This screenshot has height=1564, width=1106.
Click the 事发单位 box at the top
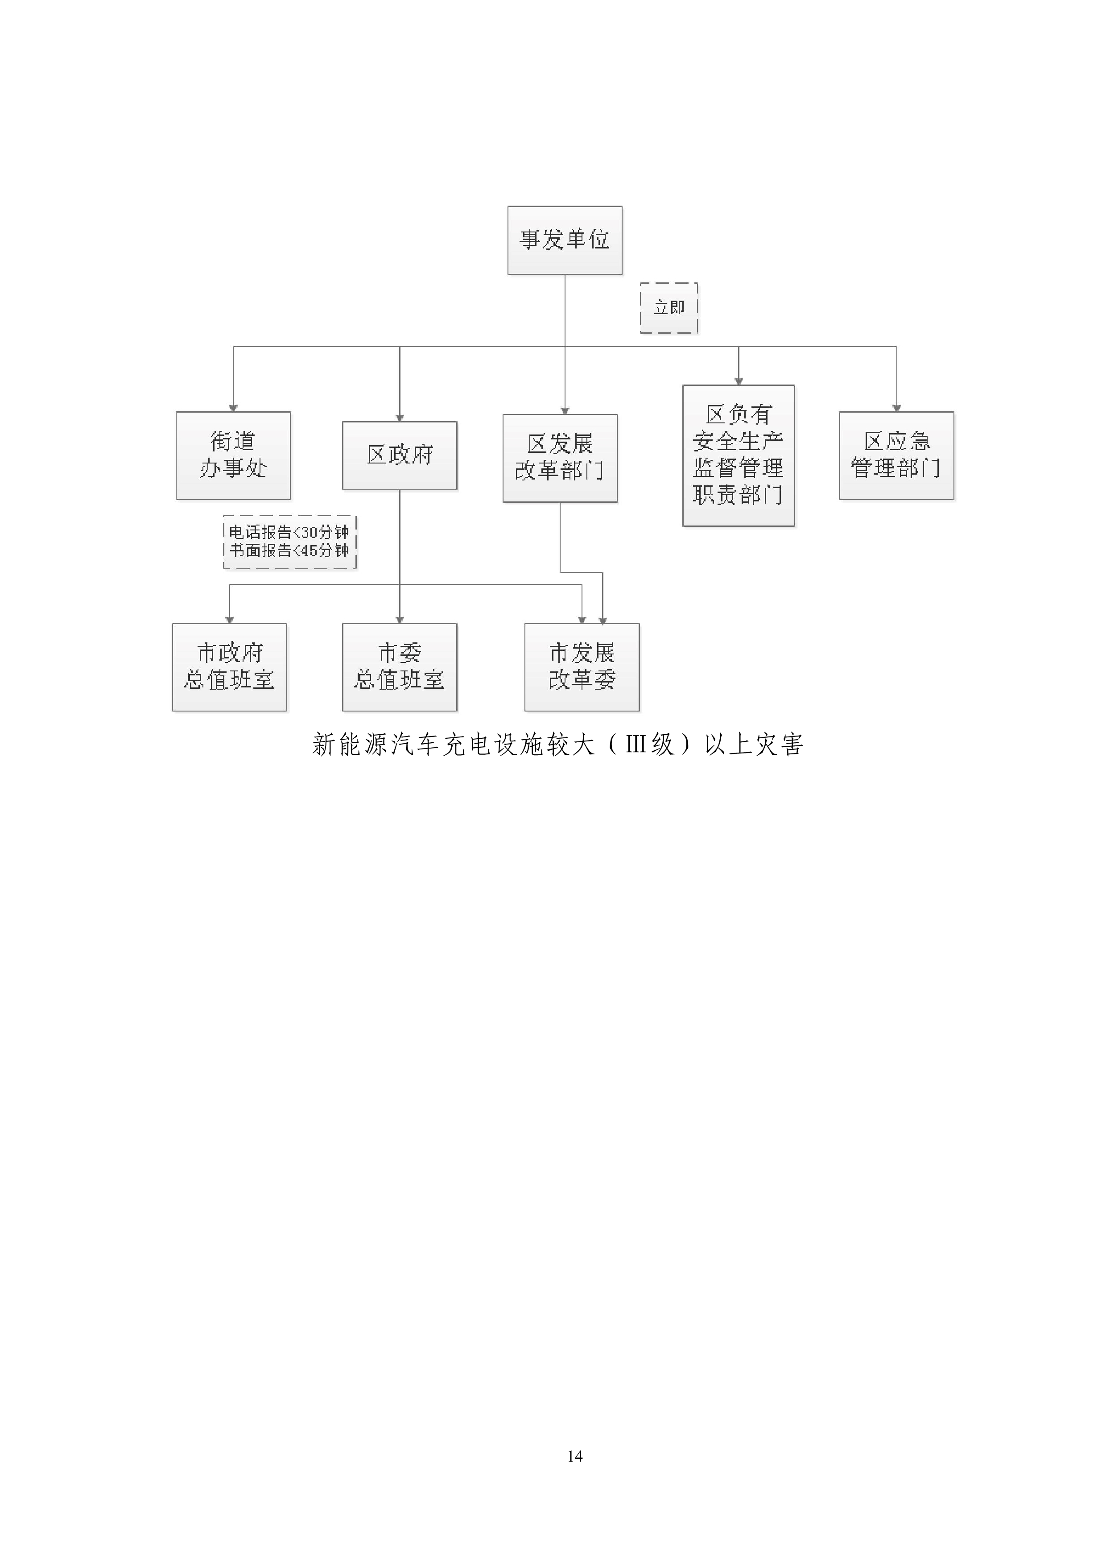565,240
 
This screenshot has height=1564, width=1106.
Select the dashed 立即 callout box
669,308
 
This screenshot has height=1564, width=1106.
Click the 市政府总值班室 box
230,667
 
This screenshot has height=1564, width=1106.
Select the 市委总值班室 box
399,667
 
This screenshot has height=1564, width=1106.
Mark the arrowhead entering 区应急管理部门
896,408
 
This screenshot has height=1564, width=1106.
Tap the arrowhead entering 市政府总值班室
230,619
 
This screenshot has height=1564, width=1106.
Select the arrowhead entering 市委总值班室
399,619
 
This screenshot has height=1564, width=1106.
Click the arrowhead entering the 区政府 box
399,418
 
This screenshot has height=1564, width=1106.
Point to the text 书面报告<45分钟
289,550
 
